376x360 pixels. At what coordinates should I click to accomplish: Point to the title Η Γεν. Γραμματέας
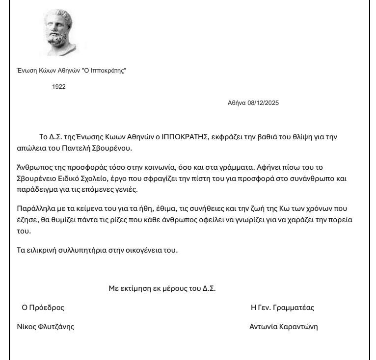[282, 308]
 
